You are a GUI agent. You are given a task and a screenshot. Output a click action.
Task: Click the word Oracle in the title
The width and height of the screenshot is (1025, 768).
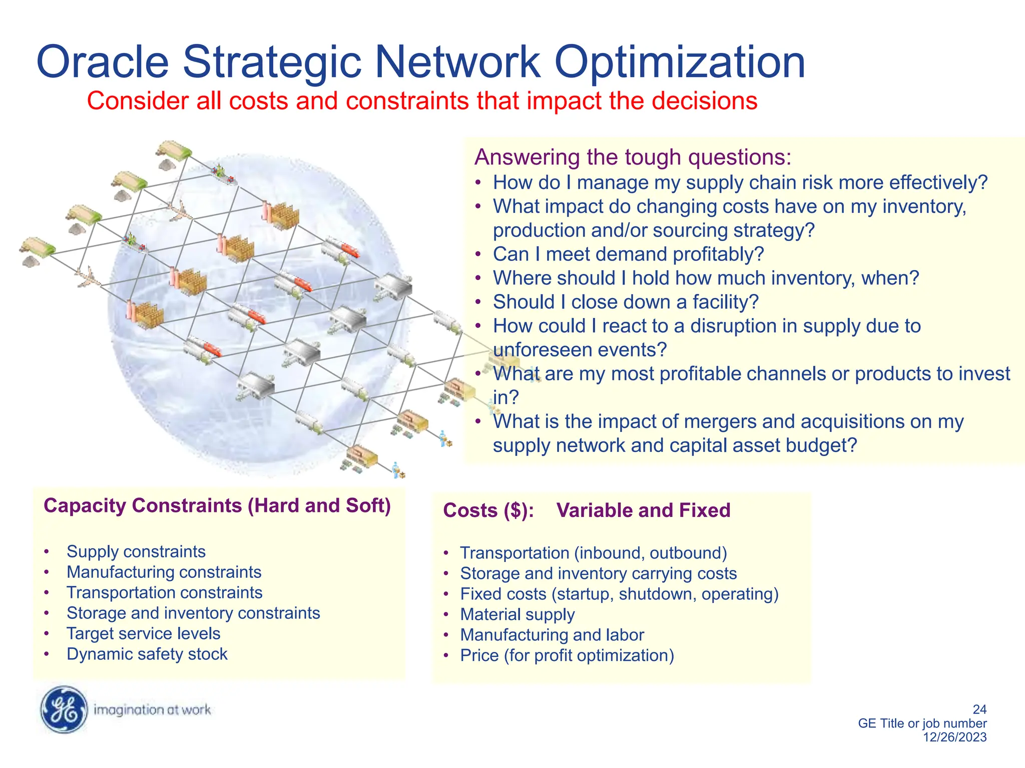point(103,62)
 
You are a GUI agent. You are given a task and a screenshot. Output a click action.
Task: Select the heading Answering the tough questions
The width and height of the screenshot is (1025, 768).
point(633,157)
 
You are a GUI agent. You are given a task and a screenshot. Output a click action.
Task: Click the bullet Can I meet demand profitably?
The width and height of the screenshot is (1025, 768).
point(628,254)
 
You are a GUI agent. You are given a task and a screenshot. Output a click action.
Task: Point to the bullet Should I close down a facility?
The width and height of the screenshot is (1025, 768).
point(626,302)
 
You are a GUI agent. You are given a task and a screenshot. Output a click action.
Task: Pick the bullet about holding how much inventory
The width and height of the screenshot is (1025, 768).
point(706,278)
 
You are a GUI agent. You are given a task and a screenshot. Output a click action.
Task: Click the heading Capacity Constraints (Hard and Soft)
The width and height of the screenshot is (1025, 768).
point(217,505)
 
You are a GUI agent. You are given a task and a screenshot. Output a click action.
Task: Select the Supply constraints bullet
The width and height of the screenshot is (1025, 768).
point(136,551)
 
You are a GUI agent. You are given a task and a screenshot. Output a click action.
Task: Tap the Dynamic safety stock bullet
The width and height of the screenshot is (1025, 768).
point(147,654)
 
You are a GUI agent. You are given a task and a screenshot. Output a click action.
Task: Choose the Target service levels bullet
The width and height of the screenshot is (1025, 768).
point(144,633)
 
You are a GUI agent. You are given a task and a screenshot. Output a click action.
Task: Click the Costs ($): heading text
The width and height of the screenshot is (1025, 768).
point(488,510)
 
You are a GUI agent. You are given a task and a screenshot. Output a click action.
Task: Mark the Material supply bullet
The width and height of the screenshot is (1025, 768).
point(518,614)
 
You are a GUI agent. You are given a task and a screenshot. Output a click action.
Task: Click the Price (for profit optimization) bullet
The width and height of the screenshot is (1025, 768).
point(567,655)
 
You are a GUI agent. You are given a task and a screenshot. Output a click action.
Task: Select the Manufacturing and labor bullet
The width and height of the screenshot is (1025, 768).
point(552,635)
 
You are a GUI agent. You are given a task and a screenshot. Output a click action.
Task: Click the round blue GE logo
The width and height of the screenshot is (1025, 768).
point(64,709)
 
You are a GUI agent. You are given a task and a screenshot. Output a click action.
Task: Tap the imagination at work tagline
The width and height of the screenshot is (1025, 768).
point(152,710)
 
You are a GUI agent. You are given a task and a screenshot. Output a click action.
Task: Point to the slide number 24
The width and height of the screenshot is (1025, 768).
point(979,709)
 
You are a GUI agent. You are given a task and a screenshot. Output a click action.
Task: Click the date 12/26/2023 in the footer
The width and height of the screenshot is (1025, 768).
point(954,737)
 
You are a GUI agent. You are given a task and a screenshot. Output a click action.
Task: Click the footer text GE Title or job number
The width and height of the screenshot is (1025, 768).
point(922,723)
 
